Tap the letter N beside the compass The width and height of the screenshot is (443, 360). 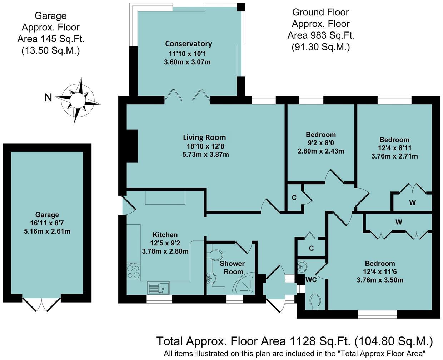point(48,97)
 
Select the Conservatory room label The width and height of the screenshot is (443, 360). point(188,44)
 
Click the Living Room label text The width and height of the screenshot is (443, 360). point(204,137)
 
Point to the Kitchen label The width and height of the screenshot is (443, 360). point(165,235)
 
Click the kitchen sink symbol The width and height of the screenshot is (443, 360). point(159,287)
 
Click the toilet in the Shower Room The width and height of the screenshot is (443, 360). point(215,255)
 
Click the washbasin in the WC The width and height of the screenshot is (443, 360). point(302,266)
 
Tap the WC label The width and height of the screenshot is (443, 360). point(311,280)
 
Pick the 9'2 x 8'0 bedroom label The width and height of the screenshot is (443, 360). point(320,143)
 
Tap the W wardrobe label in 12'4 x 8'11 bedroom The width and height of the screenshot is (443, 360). point(412,203)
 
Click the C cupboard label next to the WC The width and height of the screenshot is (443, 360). point(311,248)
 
